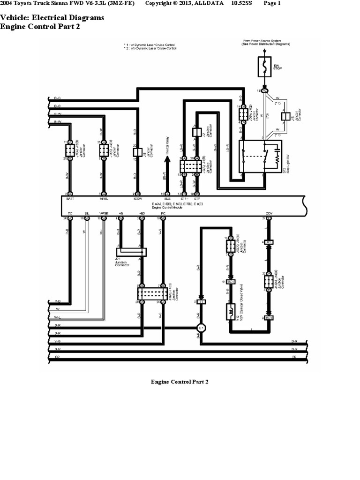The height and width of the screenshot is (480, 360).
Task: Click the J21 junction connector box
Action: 132,252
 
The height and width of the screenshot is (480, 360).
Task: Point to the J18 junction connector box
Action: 136,152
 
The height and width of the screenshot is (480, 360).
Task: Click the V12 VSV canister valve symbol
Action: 230,311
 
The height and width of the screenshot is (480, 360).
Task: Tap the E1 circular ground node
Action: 201,328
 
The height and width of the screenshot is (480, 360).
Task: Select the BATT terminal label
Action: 70,199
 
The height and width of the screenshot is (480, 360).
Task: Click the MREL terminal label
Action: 104,199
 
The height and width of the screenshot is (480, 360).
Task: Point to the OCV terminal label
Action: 269,213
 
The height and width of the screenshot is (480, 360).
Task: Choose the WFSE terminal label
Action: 104,213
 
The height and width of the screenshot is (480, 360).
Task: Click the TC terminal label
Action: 70,213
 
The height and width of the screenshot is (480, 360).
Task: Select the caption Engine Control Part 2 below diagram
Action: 180,382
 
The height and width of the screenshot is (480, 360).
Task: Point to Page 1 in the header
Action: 272,4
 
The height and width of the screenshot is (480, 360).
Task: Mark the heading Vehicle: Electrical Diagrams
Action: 52,17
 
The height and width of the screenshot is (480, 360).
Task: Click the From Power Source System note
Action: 266,43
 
